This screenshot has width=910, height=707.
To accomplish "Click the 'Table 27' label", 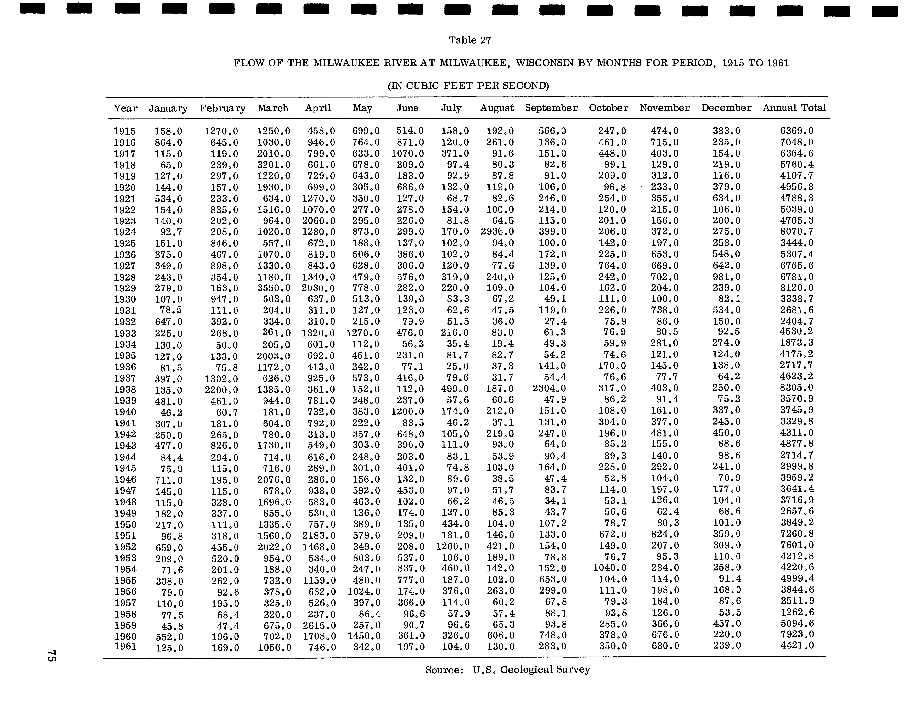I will tap(470, 40).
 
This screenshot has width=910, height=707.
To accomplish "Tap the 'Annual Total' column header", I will tap(794, 108).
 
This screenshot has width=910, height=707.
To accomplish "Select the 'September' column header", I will tap(551, 108).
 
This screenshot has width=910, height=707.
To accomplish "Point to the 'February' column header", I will tap(223, 108).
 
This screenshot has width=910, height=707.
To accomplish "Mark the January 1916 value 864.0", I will tap(168, 143).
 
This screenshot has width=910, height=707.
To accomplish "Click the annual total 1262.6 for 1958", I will tap(797, 612).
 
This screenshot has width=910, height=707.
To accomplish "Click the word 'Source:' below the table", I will tap(444, 670).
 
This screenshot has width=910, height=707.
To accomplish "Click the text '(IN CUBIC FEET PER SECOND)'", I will tap(468, 86).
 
